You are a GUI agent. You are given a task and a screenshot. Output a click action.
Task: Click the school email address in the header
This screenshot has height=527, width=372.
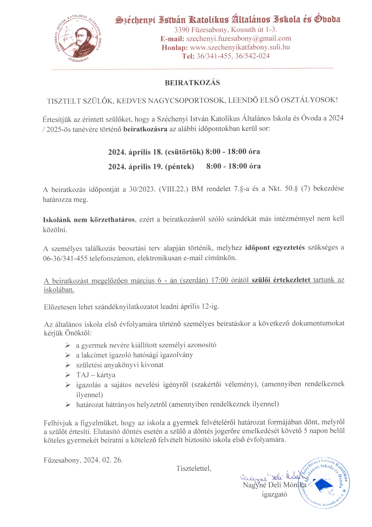coord(238,38)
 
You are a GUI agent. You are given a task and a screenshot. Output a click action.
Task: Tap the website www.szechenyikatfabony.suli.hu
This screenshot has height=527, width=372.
coord(240,47)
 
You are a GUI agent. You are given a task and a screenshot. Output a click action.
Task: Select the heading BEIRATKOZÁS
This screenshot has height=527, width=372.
coord(192,83)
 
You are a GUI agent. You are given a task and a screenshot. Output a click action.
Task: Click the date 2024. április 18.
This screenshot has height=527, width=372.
coord(136,152)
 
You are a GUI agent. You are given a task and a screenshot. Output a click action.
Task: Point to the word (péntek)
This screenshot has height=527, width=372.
coord(179,166)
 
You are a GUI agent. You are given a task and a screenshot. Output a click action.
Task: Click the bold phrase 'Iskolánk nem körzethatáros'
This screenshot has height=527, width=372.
coord(89,220)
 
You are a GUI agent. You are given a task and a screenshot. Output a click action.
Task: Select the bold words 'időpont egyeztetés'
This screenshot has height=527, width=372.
coord(275,248)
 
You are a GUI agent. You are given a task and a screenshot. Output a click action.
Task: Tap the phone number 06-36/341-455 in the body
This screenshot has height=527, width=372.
coord(65,258)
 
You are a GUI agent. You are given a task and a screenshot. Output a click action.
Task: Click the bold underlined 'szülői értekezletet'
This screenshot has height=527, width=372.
coord(281,280)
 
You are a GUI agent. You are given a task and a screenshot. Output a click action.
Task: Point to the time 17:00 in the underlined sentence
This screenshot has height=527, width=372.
coord(220,280)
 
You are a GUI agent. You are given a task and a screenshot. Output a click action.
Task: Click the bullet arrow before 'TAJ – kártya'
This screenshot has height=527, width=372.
coord(68,375)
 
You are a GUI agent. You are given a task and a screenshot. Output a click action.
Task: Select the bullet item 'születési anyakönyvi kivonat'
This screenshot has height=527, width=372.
coord(120,365)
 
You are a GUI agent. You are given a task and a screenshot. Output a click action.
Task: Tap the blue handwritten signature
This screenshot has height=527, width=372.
coord(270,476)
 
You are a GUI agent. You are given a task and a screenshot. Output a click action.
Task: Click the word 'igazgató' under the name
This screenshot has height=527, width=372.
coord(274,494)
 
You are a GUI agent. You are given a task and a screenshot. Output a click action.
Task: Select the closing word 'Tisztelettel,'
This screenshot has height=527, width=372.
coord(194,468)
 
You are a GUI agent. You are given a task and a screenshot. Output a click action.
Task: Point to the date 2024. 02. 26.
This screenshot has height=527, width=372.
coord(103,460)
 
